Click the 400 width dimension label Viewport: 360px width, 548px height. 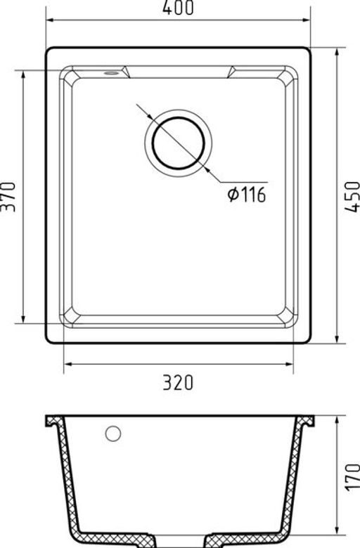[x=179, y=8]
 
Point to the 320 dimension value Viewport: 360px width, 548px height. [x=179, y=382]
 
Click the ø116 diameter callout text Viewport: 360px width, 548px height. [x=246, y=195]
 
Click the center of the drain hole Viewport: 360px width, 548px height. [x=179, y=141]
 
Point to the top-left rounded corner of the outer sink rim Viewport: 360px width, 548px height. [x=51, y=52]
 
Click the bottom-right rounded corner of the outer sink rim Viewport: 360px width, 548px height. [x=307, y=341]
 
